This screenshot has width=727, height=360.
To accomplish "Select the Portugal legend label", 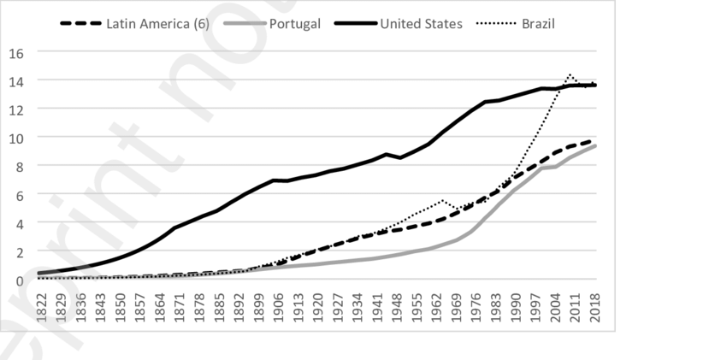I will point(295,23).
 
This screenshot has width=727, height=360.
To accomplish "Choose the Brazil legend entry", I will point(539,23).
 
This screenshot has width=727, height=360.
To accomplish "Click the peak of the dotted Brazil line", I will point(570,74).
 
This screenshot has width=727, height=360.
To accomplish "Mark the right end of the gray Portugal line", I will point(595,145).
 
